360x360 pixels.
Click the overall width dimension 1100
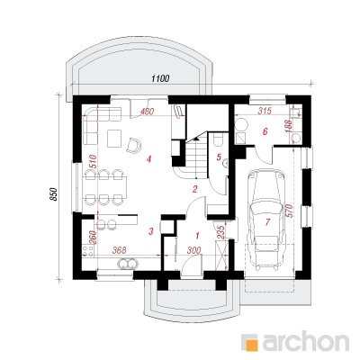tap(160, 78)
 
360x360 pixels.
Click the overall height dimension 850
tap(53, 194)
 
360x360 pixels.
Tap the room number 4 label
tap(148, 159)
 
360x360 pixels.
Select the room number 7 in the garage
tap(267, 222)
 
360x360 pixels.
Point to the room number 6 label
tap(265, 131)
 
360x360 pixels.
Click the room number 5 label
tap(219, 157)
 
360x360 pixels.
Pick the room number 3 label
tap(151, 231)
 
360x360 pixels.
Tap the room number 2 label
tap(195, 189)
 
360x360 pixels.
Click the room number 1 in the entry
tap(197, 236)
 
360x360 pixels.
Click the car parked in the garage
tap(265, 220)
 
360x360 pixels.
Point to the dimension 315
tap(265, 111)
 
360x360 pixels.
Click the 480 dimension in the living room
tap(147, 112)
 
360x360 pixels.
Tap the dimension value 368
tap(120, 250)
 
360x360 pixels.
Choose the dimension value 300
tap(193, 250)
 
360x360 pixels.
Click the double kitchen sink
tap(128, 264)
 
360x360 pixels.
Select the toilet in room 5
tap(218, 139)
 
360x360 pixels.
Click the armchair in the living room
tap(134, 145)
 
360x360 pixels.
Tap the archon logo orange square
tap(249, 342)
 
